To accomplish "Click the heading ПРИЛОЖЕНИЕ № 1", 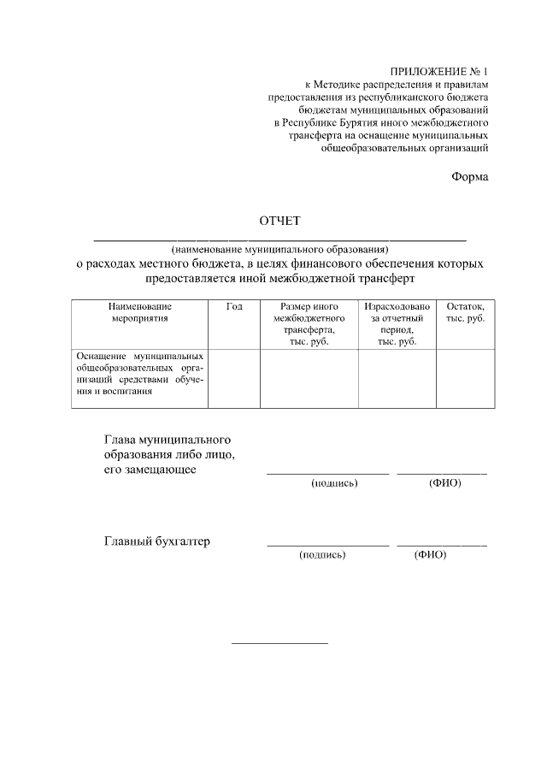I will [438, 72].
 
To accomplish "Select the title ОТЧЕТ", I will [279, 222].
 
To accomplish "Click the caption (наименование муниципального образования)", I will [279, 249].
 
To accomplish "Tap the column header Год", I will [234, 306].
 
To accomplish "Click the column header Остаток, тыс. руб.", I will [465, 312].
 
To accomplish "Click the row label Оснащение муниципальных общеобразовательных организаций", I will [140, 373].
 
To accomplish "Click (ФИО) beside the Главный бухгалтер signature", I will [430, 554].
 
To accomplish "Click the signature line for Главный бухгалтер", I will [327, 545].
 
